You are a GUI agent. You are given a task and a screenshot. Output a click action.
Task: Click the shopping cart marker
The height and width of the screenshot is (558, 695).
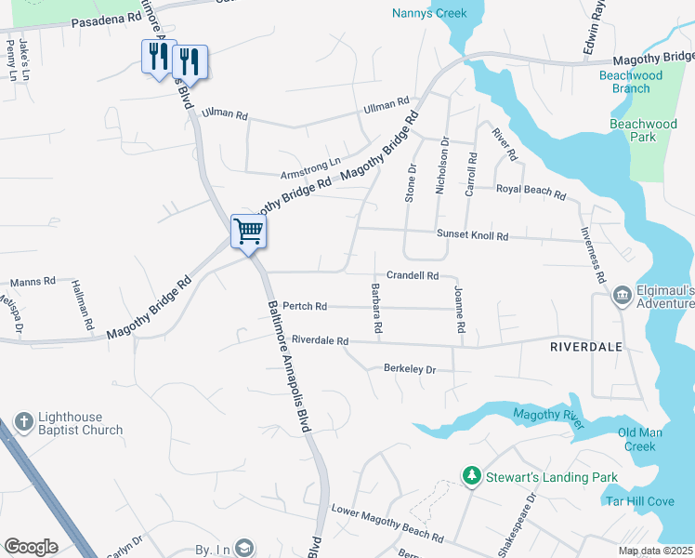[x=248, y=230]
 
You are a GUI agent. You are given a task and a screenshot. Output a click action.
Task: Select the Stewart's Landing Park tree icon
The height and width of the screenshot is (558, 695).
[x=472, y=477]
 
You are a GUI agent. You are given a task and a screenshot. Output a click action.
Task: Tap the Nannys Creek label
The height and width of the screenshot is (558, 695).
[x=428, y=13]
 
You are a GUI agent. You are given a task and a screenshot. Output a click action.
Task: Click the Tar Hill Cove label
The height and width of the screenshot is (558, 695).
[x=639, y=501]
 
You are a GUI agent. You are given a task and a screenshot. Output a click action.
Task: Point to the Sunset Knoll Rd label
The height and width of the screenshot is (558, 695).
[x=472, y=236]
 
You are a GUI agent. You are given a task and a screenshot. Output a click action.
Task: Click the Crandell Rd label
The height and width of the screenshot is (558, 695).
[x=413, y=275]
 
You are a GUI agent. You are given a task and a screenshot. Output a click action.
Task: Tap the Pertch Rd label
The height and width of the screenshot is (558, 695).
[x=305, y=306]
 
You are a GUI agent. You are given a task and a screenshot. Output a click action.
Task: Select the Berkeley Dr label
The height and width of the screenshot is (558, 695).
[x=410, y=369]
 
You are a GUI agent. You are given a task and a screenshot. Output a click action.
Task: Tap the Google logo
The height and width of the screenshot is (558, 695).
[x=30, y=547]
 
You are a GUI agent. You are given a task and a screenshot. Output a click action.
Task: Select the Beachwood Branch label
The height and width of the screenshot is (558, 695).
[x=631, y=82]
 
